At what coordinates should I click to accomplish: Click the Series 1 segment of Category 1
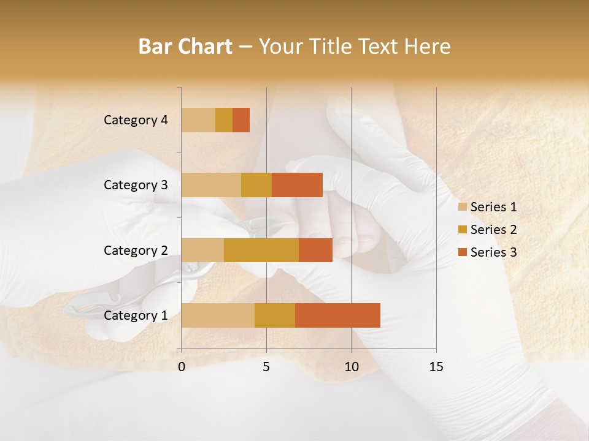click(x=218, y=315)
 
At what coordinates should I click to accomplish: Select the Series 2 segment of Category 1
click(x=275, y=315)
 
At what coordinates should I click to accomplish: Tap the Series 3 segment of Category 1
click(x=337, y=315)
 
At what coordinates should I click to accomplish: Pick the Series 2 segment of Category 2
click(x=261, y=250)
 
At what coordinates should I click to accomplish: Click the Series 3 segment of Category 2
click(x=315, y=250)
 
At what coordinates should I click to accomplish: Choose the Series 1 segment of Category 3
click(x=211, y=185)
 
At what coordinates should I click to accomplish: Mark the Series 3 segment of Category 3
click(x=297, y=185)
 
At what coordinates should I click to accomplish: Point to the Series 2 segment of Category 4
click(x=224, y=120)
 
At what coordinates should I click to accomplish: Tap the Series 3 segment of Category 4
click(x=241, y=120)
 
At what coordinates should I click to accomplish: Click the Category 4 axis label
click(x=136, y=120)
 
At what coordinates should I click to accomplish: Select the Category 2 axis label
click(x=136, y=250)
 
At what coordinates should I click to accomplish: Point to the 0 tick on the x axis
click(x=182, y=367)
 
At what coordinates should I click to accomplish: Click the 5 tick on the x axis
click(x=266, y=367)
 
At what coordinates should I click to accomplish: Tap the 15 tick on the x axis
click(x=436, y=367)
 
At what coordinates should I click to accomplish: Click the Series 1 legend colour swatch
click(x=463, y=207)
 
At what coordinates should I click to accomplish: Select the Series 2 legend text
click(x=493, y=230)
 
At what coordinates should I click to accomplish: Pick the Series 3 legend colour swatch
click(x=463, y=252)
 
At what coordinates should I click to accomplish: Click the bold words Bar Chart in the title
click(x=185, y=47)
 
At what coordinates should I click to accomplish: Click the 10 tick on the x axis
click(x=351, y=367)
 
